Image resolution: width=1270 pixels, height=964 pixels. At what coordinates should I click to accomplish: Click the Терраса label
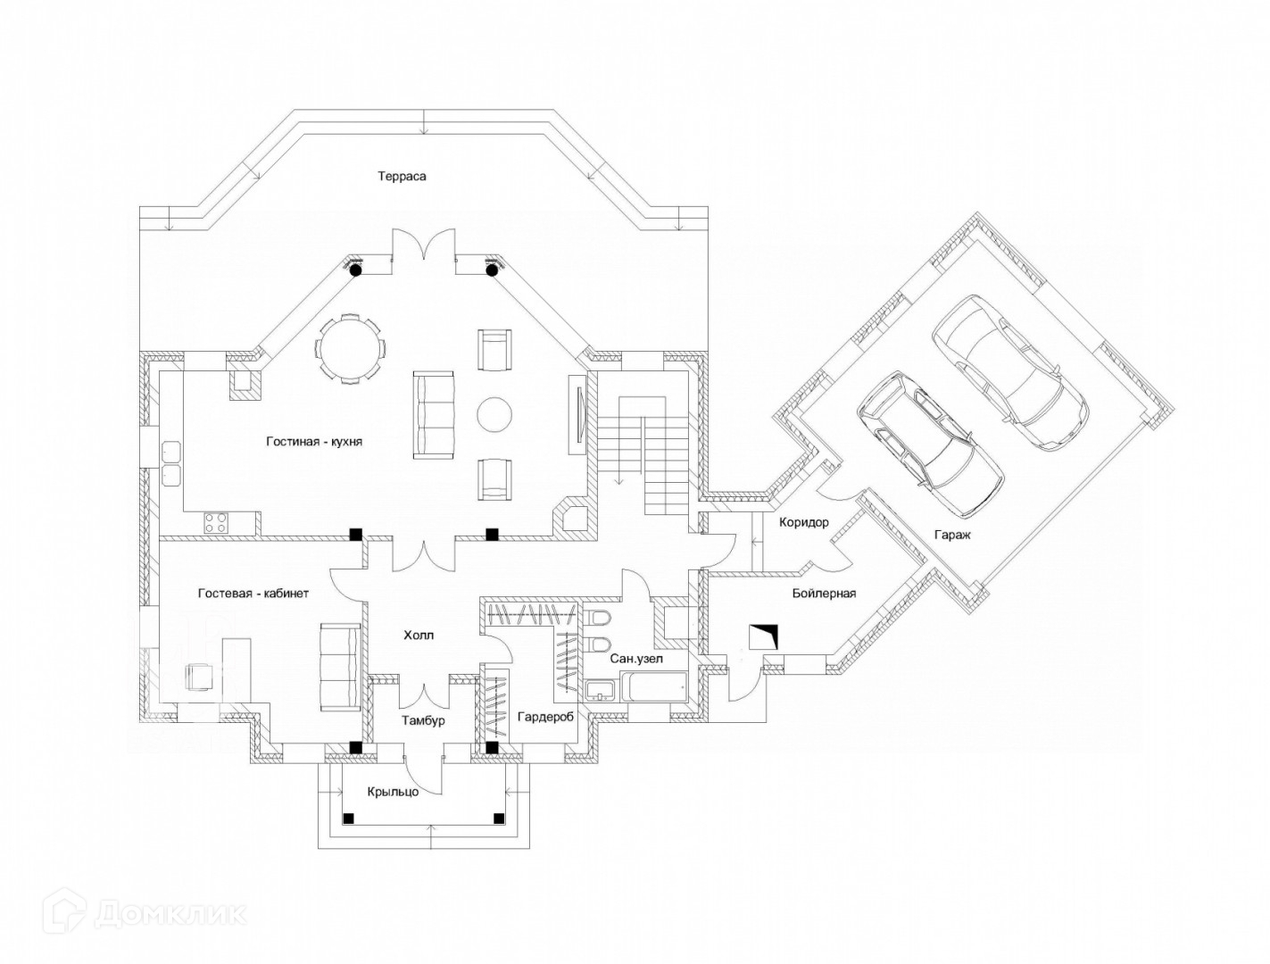(401, 176)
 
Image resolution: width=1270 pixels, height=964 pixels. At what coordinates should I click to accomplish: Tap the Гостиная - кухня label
(313, 441)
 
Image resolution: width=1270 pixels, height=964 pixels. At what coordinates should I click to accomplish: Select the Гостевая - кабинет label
(253, 593)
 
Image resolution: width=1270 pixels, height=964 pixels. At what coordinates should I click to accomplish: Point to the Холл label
(419, 636)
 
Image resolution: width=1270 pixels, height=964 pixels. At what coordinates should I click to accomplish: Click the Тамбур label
(423, 720)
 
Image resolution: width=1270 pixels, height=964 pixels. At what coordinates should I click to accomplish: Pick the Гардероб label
(546, 716)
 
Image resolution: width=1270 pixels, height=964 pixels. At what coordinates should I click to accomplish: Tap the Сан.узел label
(636, 659)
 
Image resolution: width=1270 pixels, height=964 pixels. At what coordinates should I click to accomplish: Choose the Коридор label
(804, 522)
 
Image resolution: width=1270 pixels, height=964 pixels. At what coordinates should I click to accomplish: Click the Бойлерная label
(824, 593)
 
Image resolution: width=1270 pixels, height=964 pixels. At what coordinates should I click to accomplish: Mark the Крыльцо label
(393, 791)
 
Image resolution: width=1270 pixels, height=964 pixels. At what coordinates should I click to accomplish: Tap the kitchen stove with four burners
(216, 521)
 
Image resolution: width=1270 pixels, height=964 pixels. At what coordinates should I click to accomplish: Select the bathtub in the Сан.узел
(654, 688)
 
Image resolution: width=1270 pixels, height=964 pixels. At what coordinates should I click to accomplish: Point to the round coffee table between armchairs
(494, 413)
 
